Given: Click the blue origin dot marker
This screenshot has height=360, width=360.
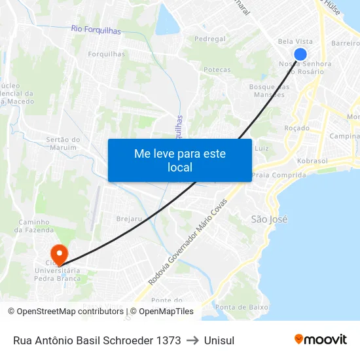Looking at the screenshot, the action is (x=300, y=54).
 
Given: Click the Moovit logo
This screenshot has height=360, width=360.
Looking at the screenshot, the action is (x=321, y=339).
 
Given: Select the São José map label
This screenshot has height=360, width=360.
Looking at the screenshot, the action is (x=269, y=219).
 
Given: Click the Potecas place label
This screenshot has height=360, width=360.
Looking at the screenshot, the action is (x=217, y=69).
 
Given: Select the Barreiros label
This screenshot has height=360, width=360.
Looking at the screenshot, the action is (x=346, y=43).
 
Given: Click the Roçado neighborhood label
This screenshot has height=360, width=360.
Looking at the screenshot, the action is (x=297, y=128).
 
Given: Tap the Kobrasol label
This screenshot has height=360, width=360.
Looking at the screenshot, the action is (x=312, y=160).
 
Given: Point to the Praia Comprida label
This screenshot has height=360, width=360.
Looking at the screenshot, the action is (x=278, y=175).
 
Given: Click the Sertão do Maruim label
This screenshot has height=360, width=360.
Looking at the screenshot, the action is (x=63, y=144).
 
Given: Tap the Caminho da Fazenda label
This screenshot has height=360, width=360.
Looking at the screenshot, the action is (x=33, y=226).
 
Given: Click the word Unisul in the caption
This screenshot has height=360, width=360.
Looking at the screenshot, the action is (x=219, y=340).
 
